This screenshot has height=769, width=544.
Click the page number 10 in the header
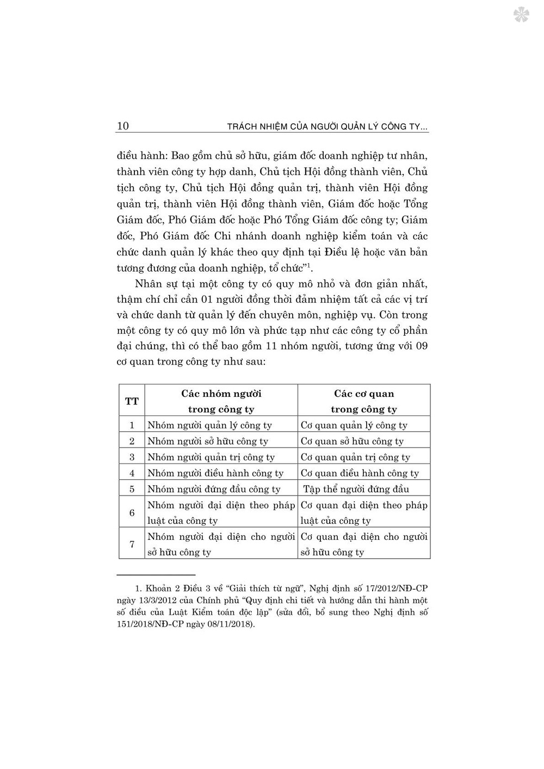pyautogui.click(x=123, y=126)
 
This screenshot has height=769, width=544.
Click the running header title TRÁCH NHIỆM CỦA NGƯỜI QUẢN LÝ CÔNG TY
pyautogui.click(x=327, y=127)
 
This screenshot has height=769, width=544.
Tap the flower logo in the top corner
pyautogui.click(x=521, y=15)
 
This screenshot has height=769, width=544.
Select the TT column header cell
pyautogui.click(x=132, y=401)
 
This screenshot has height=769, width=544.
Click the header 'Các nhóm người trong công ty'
pyautogui.click(x=221, y=401)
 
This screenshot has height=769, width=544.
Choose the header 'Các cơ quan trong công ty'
pyautogui.click(x=364, y=401)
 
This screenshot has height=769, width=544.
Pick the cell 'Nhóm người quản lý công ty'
pyautogui.click(x=209, y=425)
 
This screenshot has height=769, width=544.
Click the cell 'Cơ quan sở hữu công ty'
pyautogui.click(x=352, y=441)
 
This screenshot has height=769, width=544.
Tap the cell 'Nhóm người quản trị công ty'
pyautogui.click(x=211, y=457)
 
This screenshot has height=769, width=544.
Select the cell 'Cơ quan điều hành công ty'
pyautogui.click(x=360, y=473)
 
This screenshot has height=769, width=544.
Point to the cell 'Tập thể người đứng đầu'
pyautogui.click(x=356, y=489)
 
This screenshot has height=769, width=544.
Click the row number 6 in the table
pyautogui.click(x=132, y=512)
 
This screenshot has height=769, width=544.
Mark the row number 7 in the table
pyautogui.click(x=132, y=544)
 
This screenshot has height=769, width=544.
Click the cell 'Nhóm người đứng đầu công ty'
pyautogui.click(x=214, y=489)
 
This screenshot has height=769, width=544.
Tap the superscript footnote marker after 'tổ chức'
pyautogui.click(x=308, y=265)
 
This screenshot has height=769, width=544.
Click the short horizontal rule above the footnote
pyautogui.click(x=156, y=574)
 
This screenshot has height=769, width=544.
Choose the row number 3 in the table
pyautogui.click(x=132, y=457)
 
